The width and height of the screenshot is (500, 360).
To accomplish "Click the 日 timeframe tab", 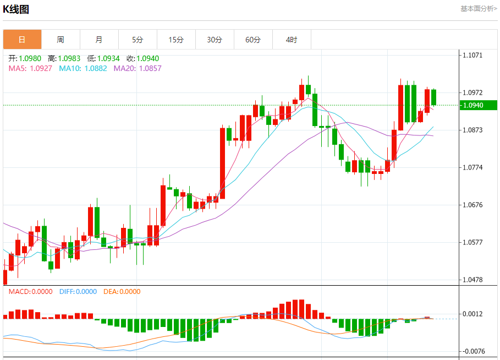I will pyautogui.click(x=22, y=40).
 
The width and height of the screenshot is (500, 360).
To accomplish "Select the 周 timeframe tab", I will pyautogui.click(x=61, y=40).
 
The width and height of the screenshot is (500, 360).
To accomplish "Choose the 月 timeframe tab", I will pyautogui.click(x=99, y=40).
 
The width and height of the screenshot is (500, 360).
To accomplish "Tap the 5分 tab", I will pyautogui.click(x=138, y=40).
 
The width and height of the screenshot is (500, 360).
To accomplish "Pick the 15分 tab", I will pyautogui.click(x=176, y=40).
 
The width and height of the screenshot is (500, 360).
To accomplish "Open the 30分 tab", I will pyautogui.click(x=215, y=40).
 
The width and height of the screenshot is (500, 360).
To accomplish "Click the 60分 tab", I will pyautogui.click(x=253, y=40).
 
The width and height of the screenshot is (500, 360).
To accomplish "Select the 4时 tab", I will pyautogui.click(x=292, y=40).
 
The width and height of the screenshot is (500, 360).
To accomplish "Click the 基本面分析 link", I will pyautogui.click(x=478, y=9).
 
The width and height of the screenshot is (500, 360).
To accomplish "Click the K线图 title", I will pyautogui.click(x=16, y=9).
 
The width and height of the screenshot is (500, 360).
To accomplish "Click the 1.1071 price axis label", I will pyautogui.click(x=473, y=56).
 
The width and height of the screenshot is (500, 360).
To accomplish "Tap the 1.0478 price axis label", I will pyautogui.click(x=473, y=280).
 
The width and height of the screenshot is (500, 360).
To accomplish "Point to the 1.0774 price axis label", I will pyautogui.click(x=473, y=167).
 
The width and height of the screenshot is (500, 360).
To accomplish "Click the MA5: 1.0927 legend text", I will pyautogui.click(x=30, y=68).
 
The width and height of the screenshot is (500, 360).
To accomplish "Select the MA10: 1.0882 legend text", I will pyautogui.click(x=83, y=68).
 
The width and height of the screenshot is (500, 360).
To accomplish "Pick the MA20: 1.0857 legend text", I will pyautogui.click(x=138, y=68).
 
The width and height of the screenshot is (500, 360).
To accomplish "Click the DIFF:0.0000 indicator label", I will pyautogui.click(x=78, y=292).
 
